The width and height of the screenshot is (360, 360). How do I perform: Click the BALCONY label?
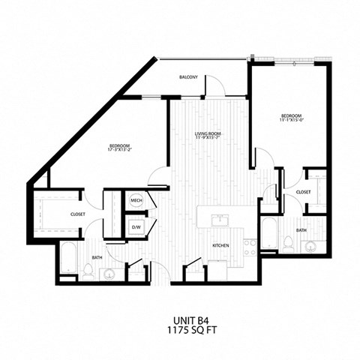pos(188,77)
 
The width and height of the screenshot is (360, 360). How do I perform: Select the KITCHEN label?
pos(220,246)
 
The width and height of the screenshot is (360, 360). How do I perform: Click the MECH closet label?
pos(136,200)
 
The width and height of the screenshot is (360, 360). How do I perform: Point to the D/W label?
pos(136,226)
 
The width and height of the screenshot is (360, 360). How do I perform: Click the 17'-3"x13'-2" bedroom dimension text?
pos(120,148)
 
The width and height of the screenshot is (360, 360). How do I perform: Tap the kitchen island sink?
pos(220,220)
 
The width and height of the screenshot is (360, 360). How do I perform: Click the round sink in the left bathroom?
pos(110,273)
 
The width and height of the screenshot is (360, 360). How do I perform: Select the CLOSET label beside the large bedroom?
pos(78,214)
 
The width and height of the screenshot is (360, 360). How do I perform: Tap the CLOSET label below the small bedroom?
pos(303,192)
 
